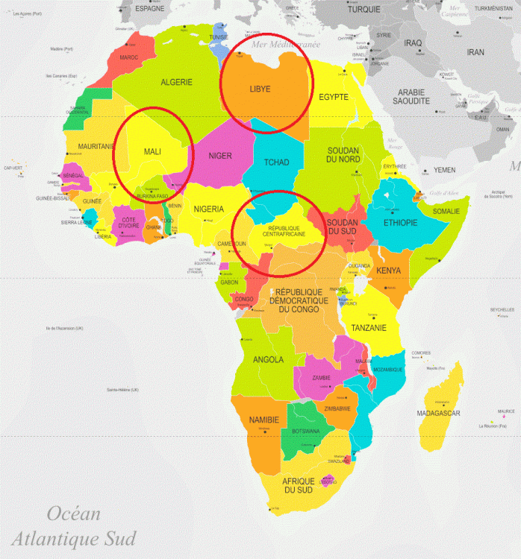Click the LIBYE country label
[x=260, y=89]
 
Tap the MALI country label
[x=152, y=152]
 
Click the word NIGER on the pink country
[x=219, y=156]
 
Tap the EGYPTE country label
[x=334, y=97]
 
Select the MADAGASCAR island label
[x=438, y=413]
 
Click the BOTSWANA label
[x=305, y=431]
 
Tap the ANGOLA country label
[x=268, y=359]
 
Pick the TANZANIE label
[x=369, y=327]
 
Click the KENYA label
[x=389, y=271]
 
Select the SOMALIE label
[x=447, y=211]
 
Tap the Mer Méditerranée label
[x=284, y=45]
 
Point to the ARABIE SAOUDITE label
[x=413, y=96]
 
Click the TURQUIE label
[x=364, y=10]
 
